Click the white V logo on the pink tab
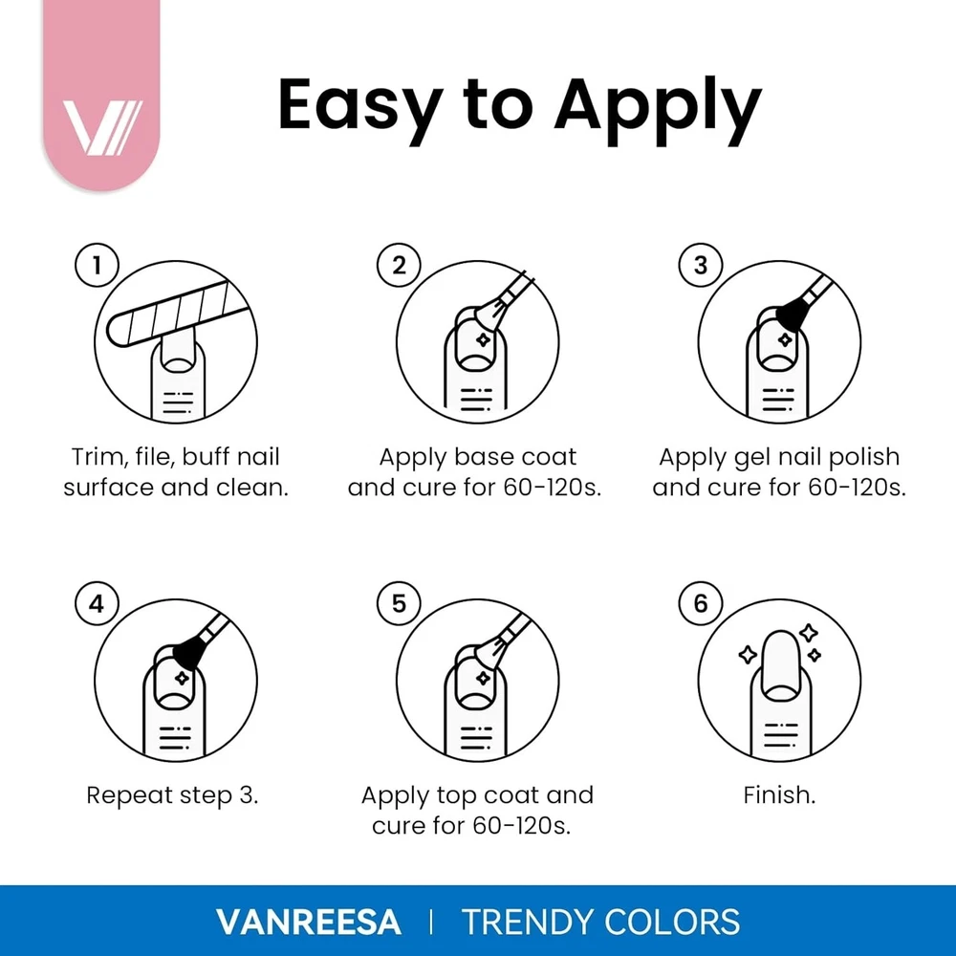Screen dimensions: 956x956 [x=102, y=127]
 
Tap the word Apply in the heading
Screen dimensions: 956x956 [x=658, y=109]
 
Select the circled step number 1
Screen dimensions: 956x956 [x=97, y=266]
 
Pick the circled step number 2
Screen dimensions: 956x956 [x=399, y=266]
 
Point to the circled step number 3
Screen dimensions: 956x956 [x=701, y=266]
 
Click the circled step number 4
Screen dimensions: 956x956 [x=97, y=604]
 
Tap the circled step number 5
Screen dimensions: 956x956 [x=399, y=604]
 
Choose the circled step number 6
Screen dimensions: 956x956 [x=701, y=604]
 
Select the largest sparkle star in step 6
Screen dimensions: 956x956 [x=749, y=655]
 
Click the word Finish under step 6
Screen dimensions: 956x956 [x=779, y=795]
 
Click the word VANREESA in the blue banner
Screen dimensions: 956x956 [x=309, y=922]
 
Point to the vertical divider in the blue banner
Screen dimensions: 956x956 [x=431, y=922]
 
